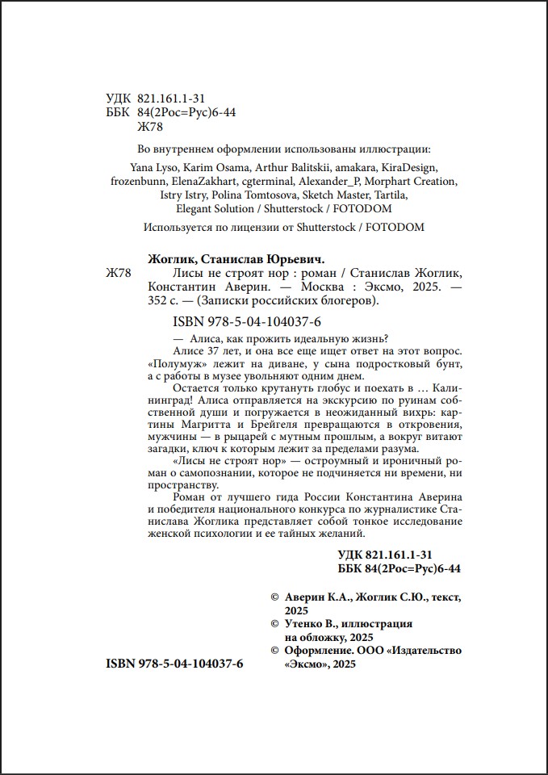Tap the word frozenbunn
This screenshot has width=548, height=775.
(x=140, y=181)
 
